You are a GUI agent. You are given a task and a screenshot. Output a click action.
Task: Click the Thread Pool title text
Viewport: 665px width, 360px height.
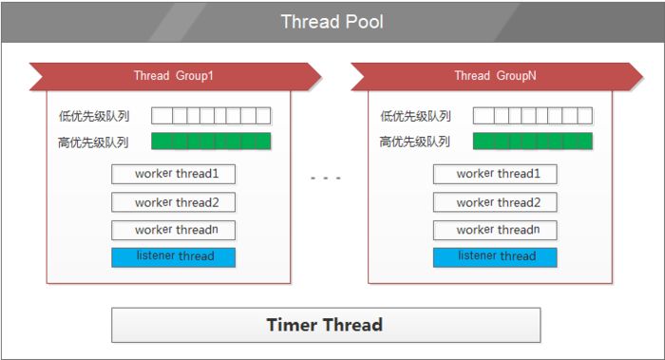click(x=332, y=21)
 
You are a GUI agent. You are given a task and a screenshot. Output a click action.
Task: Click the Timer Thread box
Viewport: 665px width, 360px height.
click(x=325, y=325)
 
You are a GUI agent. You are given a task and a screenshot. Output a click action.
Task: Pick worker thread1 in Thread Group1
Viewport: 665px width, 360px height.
click(x=173, y=174)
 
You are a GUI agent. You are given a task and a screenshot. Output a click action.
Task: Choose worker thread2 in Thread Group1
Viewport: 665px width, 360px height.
click(x=173, y=202)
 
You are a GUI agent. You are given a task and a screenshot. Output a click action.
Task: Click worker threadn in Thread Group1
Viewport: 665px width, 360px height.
click(x=173, y=230)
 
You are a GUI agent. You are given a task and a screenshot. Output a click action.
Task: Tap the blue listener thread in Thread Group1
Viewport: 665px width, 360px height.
click(x=173, y=256)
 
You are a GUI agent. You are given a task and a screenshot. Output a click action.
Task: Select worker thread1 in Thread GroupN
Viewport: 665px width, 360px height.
click(x=495, y=174)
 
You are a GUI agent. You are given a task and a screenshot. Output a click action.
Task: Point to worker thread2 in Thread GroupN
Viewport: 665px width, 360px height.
click(x=495, y=202)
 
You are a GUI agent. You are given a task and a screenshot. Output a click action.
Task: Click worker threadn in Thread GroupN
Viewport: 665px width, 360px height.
click(x=495, y=230)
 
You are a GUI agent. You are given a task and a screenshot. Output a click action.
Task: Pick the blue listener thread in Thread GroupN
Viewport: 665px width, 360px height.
click(x=495, y=256)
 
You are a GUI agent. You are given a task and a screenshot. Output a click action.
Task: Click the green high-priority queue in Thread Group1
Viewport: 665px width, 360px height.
click(x=211, y=142)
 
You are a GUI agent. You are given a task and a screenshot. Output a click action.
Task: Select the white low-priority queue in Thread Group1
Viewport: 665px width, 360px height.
click(x=211, y=116)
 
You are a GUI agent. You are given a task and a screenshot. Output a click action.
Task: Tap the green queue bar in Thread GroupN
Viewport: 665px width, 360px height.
click(x=532, y=142)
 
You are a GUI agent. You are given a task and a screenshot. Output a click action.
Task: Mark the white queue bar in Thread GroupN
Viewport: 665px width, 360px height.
click(x=532, y=116)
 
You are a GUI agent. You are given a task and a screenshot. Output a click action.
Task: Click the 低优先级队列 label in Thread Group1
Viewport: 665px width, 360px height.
click(x=93, y=117)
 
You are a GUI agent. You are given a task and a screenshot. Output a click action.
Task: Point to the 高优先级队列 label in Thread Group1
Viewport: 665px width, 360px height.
click(x=93, y=142)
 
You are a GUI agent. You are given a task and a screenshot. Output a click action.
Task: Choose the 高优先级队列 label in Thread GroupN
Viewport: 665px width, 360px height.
click(x=415, y=142)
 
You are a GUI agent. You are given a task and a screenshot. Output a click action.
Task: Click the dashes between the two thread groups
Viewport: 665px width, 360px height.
click(x=325, y=178)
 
